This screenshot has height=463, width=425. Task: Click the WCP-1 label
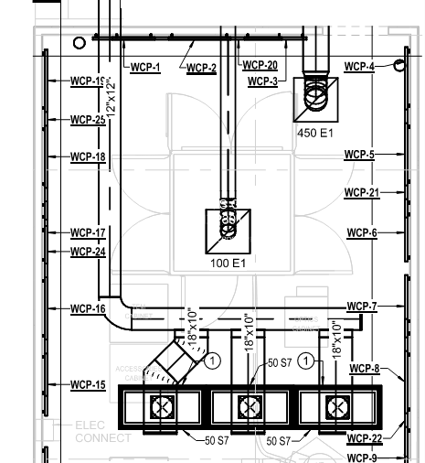145,68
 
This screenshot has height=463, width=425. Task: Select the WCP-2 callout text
202,68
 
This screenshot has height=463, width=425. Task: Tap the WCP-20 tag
260,66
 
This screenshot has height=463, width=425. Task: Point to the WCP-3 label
263,81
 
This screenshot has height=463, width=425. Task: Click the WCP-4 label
359,67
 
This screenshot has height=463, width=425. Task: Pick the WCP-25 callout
88,120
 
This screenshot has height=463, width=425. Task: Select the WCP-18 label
88,157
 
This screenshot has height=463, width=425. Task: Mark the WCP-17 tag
88,233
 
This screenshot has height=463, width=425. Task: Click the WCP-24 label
88,252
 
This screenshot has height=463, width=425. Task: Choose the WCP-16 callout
88,309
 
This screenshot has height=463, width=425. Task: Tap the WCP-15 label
88,385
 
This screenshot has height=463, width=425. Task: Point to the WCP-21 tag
361,193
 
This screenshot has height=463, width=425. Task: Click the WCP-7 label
362,306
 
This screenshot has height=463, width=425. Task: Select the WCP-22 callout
364,438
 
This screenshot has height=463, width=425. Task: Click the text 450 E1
315,133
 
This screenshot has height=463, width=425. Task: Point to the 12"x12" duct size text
112,94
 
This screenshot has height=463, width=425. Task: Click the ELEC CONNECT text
102,431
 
